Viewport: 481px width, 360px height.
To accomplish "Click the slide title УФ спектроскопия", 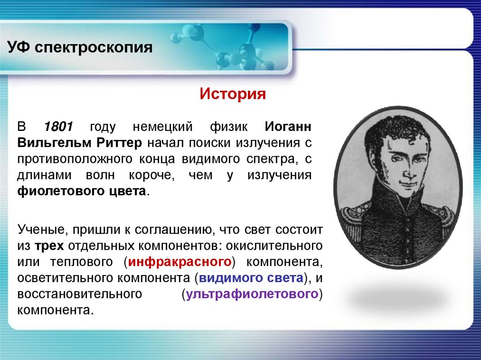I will click(x=79, y=48).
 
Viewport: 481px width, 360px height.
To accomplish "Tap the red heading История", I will click(x=233, y=93).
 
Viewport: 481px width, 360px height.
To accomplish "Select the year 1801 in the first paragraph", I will click(x=59, y=127).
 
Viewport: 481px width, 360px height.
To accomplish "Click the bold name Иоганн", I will click(x=287, y=127).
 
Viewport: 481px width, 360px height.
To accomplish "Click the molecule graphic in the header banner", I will click(x=221, y=47).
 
